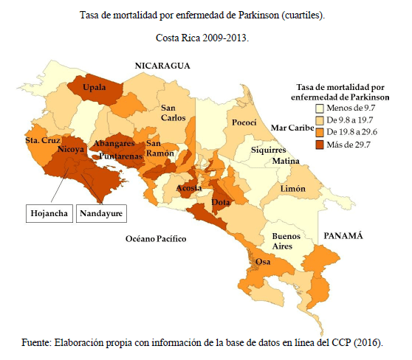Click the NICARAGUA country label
(162, 66)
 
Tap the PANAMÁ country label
(342, 235)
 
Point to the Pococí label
(244, 122)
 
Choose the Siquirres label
(268, 149)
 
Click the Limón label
(293, 189)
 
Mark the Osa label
(262, 261)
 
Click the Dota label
(222, 201)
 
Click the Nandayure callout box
(101, 214)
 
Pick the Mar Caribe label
(292, 128)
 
